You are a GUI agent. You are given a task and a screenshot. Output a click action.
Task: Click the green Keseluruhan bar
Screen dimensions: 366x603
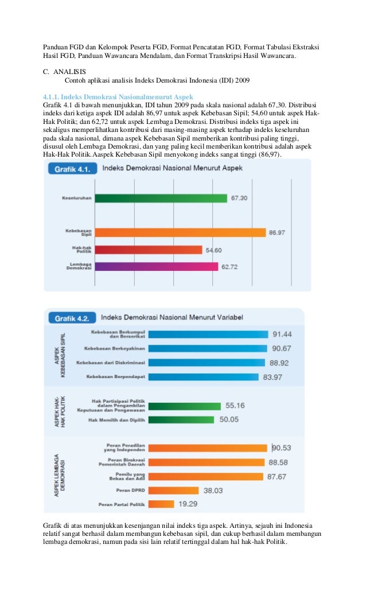click(161, 198)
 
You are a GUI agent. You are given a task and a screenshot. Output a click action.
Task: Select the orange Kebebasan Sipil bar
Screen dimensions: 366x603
click(180, 233)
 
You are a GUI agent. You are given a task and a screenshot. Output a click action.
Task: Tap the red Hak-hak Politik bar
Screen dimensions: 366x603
click(149, 250)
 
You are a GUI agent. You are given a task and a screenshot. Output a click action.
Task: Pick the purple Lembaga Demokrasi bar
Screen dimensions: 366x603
click(157, 267)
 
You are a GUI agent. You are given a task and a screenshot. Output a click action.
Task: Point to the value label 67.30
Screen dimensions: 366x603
click(239, 198)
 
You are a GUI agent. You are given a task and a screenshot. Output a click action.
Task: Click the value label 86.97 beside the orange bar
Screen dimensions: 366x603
click(277, 233)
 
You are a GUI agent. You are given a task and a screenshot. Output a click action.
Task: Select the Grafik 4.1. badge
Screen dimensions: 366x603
click(72, 169)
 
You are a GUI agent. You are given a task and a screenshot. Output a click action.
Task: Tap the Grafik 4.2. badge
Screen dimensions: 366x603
click(72, 318)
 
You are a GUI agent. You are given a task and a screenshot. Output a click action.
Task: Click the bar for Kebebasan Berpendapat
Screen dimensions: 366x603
click(204, 378)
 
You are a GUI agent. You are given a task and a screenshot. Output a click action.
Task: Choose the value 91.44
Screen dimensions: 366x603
click(282, 334)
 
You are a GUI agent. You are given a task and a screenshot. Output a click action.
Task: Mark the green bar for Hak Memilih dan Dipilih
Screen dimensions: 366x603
click(181, 419)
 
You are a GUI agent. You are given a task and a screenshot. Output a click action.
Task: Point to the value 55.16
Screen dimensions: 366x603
click(235, 406)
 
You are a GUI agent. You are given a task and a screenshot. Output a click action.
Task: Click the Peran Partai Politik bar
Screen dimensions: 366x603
click(161, 504)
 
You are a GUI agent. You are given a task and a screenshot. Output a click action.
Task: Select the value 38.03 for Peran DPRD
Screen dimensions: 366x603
click(213, 491)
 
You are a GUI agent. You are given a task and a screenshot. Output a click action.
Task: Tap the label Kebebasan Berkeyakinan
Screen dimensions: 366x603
click(115, 348)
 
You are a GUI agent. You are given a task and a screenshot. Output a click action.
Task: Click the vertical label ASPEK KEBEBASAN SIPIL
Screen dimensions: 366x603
click(60, 355)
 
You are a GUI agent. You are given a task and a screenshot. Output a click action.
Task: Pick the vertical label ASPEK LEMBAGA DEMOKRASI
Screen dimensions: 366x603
click(60, 475)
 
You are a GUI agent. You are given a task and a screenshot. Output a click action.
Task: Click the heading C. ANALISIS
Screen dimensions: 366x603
click(65, 72)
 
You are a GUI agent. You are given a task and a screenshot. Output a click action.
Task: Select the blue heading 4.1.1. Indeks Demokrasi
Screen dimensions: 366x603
click(118, 97)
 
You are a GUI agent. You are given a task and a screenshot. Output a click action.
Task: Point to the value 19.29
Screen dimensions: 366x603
click(188, 504)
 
